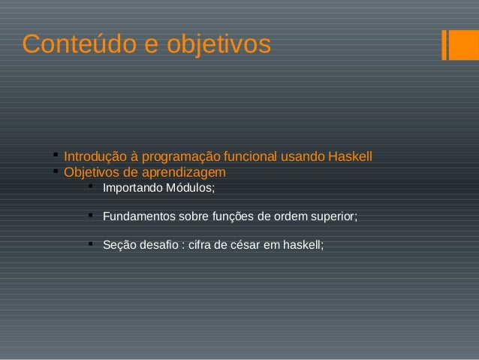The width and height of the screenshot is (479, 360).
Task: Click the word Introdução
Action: (95, 157)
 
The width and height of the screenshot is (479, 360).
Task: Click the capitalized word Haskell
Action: (350, 157)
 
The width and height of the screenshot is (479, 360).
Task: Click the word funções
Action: (236, 216)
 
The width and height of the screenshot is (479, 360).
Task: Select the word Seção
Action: (119, 245)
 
